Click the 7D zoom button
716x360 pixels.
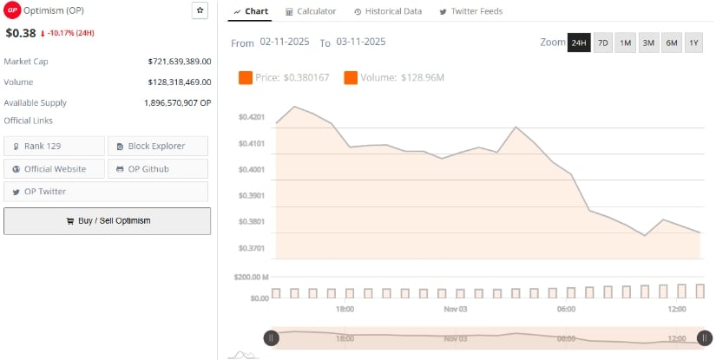coord(602,43)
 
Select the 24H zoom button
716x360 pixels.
coord(579,43)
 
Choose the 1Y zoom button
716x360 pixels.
coord(693,43)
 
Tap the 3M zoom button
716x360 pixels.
coord(647,43)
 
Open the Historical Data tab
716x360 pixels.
coord(388,11)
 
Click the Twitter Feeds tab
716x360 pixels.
coord(471,11)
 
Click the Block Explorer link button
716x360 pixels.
coord(158,146)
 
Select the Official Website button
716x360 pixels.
coord(54,168)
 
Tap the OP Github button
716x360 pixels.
coord(158,168)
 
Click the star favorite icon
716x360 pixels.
coord(200,10)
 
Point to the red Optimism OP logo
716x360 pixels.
coord(11,11)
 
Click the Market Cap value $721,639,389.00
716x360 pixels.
coord(179,62)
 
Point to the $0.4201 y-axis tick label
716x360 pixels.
coord(252,116)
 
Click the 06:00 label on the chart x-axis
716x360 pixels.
coord(566,309)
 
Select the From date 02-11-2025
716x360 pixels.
coord(286,43)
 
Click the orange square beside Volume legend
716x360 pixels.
coord(351,78)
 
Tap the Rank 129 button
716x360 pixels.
coord(54,146)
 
